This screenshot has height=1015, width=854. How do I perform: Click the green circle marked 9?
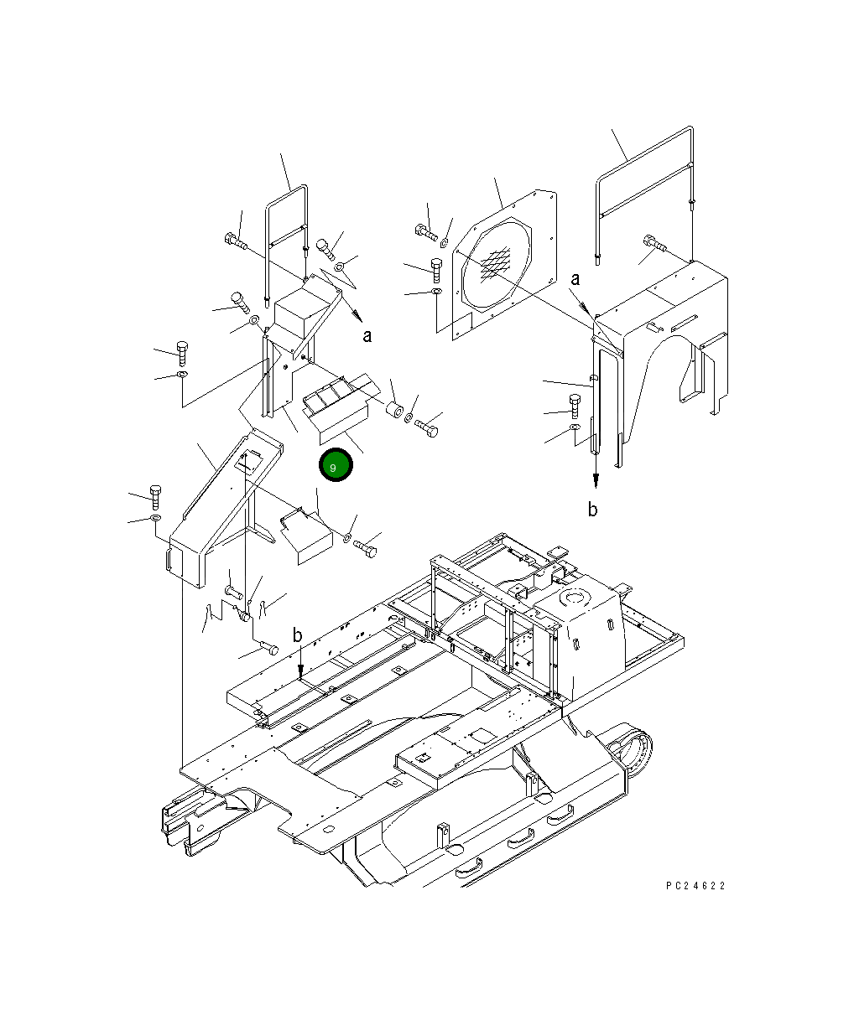(x=336, y=465)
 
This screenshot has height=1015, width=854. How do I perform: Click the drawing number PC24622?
(x=695, y=886)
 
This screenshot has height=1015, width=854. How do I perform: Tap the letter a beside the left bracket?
(x=367, y=336)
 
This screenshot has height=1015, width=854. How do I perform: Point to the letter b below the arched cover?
(x=593, y=510)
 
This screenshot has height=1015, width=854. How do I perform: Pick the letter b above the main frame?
(x=298, y=636)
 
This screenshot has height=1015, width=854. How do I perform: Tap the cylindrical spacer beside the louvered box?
(x=392, y=412)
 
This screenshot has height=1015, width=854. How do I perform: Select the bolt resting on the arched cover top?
(x=655, y=244)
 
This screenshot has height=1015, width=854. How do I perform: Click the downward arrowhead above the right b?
(x=595, y=479)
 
